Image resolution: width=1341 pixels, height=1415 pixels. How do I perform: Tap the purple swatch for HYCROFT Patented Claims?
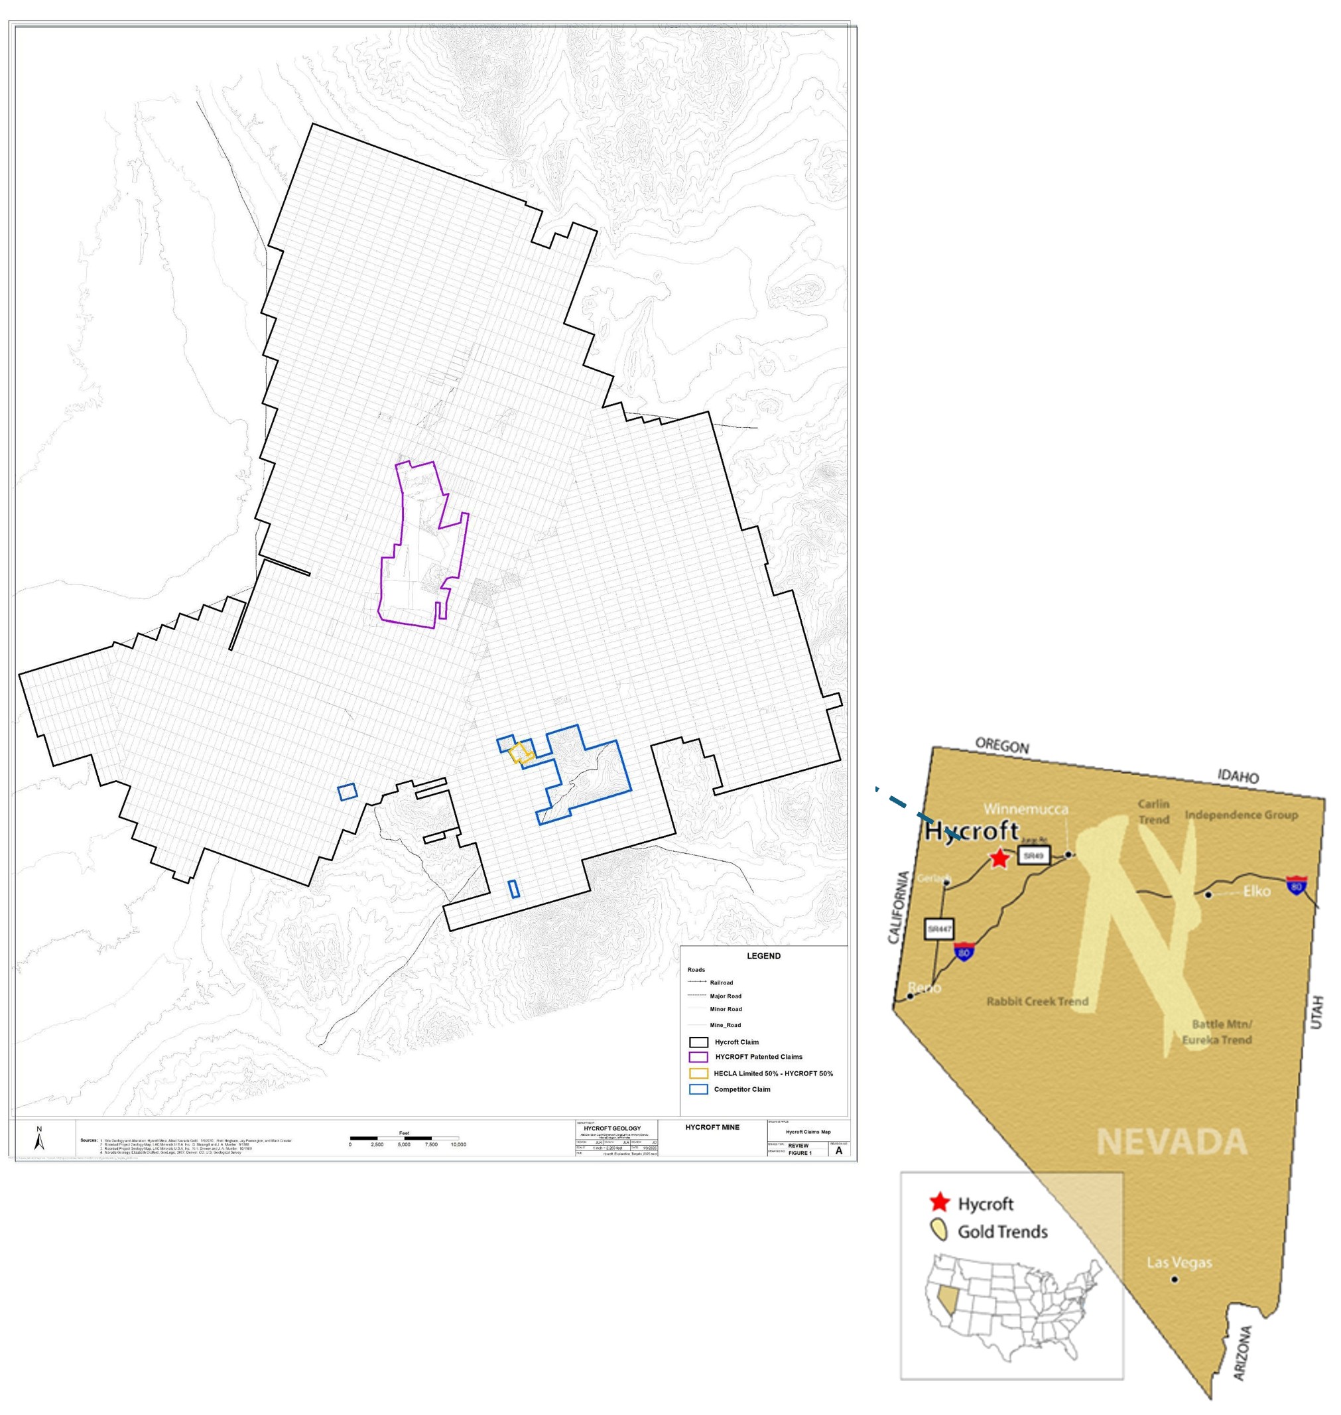click(x=698, y=1057)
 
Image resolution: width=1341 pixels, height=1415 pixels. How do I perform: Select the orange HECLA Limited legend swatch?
click(x=698, y=1073)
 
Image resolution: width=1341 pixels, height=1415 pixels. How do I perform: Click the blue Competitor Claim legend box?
click(x=698, y=1090)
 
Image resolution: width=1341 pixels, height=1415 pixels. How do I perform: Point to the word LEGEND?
click(x=763, y=956)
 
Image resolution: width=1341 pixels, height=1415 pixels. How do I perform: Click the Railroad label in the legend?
click(x=722, y=983)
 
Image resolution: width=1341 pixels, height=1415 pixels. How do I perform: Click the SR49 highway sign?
click(x=1034, y=856)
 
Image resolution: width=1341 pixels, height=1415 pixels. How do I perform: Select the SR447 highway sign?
click(x=938, y=929)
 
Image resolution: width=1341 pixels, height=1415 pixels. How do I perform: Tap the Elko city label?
click(x=1257, y=891)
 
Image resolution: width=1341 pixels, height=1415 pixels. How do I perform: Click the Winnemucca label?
click(x=1026, y=809)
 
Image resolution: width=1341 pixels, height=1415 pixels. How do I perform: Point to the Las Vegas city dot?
click(x=1175, y=1278)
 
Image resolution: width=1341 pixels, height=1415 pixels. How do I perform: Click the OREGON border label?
click(x=1002, y=746)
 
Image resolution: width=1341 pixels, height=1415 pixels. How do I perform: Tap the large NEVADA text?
click(x=1172, y=1142)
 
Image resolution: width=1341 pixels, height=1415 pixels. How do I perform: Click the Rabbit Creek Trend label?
click(x=1037, y=1001)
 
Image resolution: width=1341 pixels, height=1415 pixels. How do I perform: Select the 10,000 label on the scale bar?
click(x=458, y=1145)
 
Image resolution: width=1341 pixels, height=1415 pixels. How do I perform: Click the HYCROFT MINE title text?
click(x=712, y=1128)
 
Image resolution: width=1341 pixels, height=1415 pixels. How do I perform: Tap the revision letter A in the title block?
click(x=838, y=1151)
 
